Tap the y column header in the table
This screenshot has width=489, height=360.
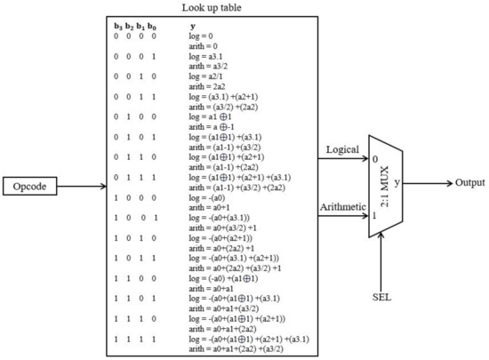(193, 27)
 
